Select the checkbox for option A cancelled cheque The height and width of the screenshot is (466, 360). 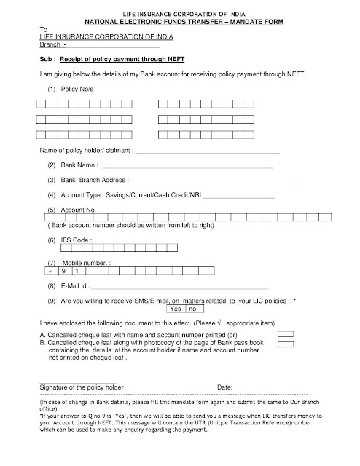coord(287,333)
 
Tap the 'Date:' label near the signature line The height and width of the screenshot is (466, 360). coord(224,386)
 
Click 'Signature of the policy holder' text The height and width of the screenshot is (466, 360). coord(79,386)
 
